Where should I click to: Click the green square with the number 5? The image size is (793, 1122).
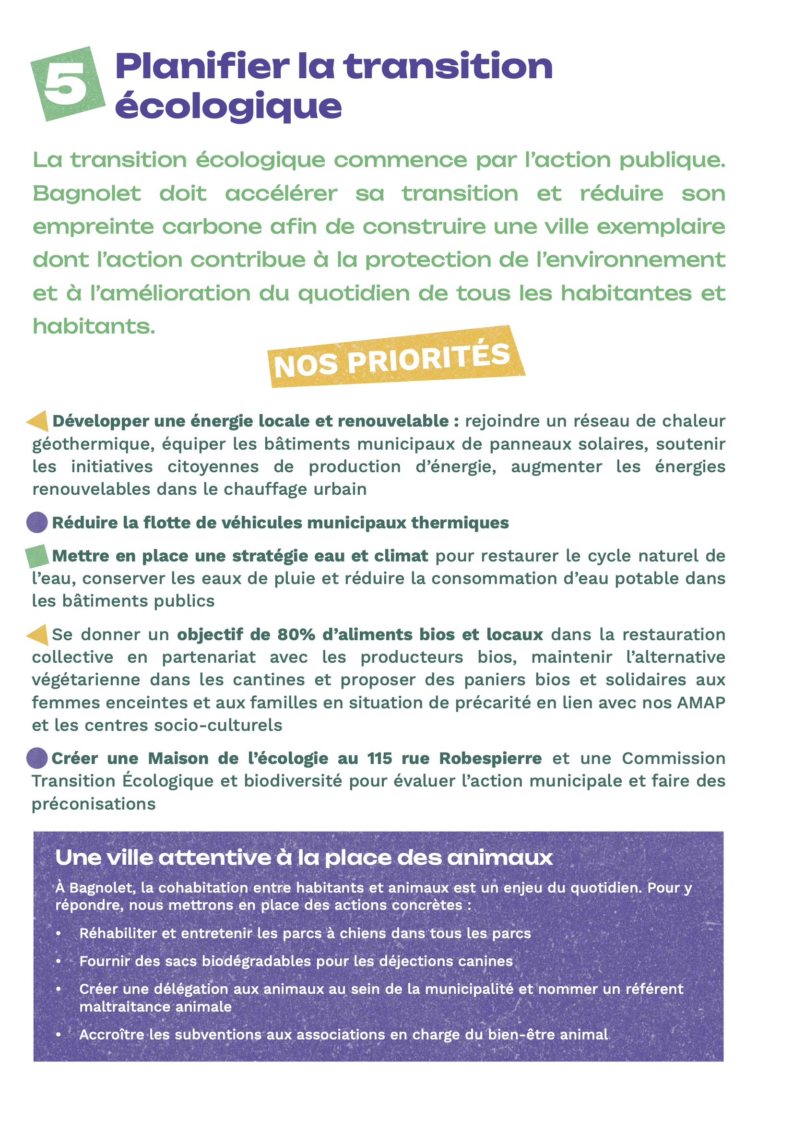coord(68,84)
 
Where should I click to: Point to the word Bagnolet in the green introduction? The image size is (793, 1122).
coord(87,193)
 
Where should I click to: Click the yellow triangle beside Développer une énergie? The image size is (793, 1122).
coord(38,421)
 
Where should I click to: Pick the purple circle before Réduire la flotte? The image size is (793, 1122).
coord(37,523)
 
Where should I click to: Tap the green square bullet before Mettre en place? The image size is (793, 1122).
coord(37,556)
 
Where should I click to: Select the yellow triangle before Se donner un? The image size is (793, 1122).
coord(38,634)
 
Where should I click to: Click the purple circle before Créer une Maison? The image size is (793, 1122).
coord(37,758)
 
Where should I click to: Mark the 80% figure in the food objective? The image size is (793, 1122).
coord(296,634)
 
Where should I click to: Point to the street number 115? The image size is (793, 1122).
coord(379,758)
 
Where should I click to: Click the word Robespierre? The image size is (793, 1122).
coord(490,758)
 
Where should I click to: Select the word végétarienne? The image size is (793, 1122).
coord(86,680)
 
